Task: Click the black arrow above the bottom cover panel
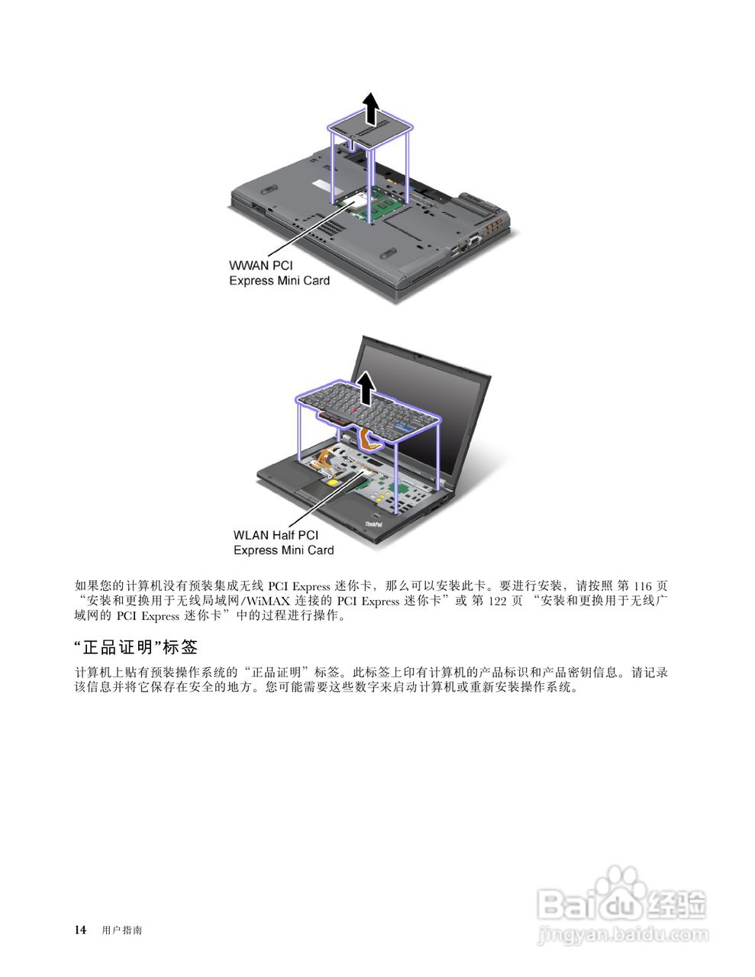[x=370, y=108]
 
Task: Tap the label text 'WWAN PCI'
[x=260, y=265]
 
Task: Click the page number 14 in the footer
[x=79, y=930]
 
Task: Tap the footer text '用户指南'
[x=121, y=930]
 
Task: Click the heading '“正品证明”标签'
[x=136, y=647]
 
